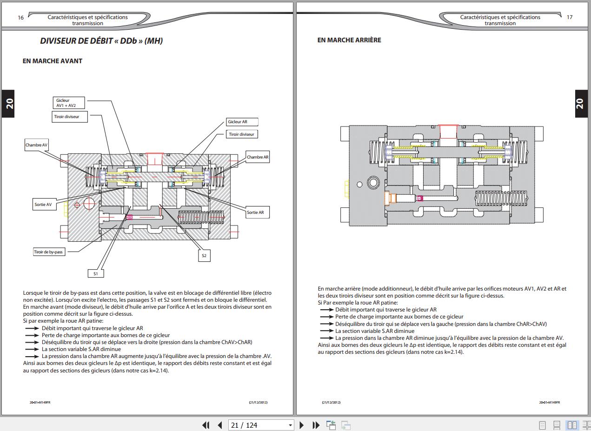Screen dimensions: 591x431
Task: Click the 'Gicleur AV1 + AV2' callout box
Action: coord(69,103)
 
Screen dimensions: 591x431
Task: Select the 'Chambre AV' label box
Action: coord(36,145)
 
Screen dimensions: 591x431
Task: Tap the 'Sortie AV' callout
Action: coord(44,205)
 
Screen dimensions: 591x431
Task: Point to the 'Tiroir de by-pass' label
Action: coord(49,252)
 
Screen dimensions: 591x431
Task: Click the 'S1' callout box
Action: coord(96,273)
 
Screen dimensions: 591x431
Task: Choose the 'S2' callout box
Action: coord(204,256)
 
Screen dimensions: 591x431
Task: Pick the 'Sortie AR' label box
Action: coord(258,212)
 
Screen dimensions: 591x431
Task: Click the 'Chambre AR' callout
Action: coord(258,157)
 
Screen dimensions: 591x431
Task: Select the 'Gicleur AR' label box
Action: coord(242,122)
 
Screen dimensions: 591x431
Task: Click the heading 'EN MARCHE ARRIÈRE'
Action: coord(349,40)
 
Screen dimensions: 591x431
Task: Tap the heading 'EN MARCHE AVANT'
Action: coord(53,61)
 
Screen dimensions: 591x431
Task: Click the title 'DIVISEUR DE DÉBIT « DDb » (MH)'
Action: coord(101,41)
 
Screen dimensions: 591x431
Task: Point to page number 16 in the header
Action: coord(20,18)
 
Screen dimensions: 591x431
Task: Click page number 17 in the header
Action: coord(570,17)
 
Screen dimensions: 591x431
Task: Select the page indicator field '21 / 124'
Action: coord(261,425)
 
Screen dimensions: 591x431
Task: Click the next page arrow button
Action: coord(302,425)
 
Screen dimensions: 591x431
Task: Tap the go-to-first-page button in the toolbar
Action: coord(206,425)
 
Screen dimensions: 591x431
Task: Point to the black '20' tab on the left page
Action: coord(8,104)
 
